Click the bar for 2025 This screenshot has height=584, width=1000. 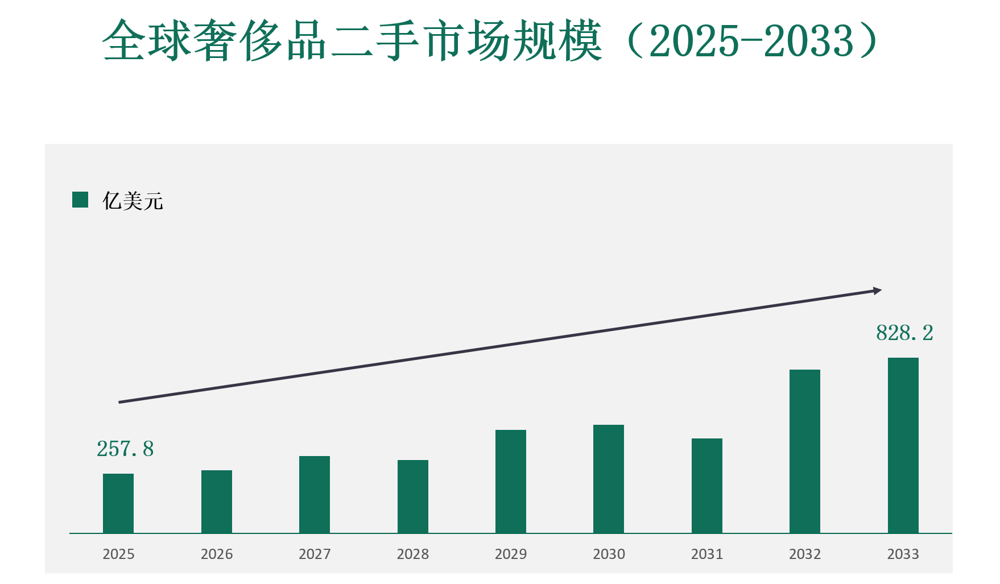[118, 503]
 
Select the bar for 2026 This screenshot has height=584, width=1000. [217, 502]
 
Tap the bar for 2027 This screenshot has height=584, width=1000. [315, 494]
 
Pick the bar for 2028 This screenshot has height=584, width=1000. [413, 496]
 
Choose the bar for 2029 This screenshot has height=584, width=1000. [511, 481]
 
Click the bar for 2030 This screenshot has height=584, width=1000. [609, 479]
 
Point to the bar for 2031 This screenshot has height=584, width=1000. [707, 486]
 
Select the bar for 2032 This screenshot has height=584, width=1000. [805, 451]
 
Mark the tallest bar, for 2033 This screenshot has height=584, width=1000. [903, 445]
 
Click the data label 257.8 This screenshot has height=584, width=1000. [125, 449]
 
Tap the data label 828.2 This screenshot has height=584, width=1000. [904, 333]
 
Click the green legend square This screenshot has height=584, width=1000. [80, 200]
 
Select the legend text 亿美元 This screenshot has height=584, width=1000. [133, 201]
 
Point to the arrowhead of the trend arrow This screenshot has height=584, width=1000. [877, 291]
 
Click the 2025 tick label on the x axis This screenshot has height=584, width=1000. [118, 554]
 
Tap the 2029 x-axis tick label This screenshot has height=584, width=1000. [511, 554]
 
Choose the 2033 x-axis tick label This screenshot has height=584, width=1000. [903, 554]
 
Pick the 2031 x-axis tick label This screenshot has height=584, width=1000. [707, 554]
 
